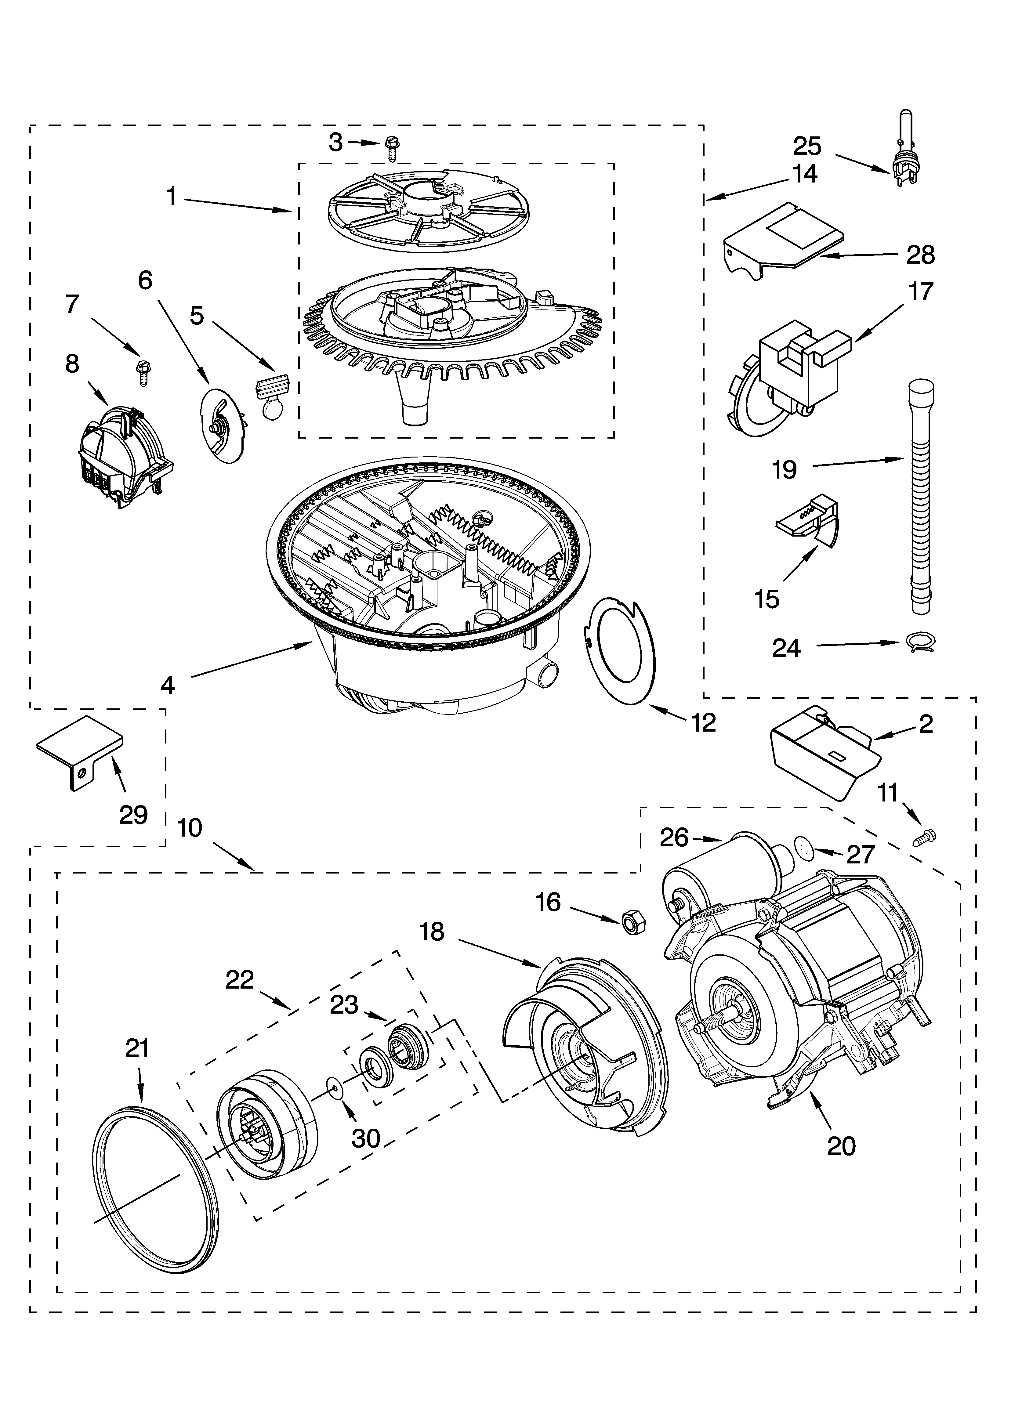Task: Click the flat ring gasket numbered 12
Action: tap(622, 650)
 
